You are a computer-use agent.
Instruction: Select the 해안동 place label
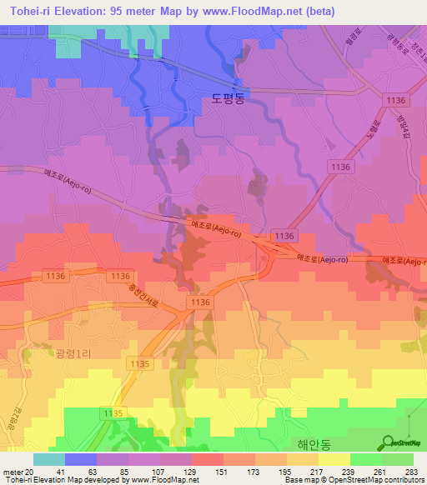pyautogui.click(x=310, y=444)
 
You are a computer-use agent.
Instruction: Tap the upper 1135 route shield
pyautogui.click(x=139, y=364)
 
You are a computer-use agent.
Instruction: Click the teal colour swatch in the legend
pyautogui.click(x=49, y=459)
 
